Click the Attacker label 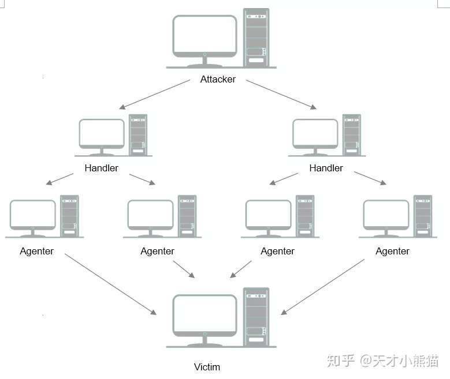pos(218,79)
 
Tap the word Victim pos(207,367)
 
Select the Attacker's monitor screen pos(204,36)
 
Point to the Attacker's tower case pos(256,37)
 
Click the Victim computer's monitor pos(204,316)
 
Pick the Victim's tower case pos(256,317)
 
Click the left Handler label pos(101,168)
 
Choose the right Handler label pos(326,168)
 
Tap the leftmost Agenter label pos(37,251)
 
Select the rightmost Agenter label pos(392,251)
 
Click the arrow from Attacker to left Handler pos(154,95)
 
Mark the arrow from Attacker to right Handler pos(281,95)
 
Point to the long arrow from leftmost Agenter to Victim pos(110,284)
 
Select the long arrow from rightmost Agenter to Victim pos(322,287)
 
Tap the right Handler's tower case pos(352,135)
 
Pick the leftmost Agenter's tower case pos(69,216)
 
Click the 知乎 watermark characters pos(341,361)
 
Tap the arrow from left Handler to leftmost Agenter pos(59,179)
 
